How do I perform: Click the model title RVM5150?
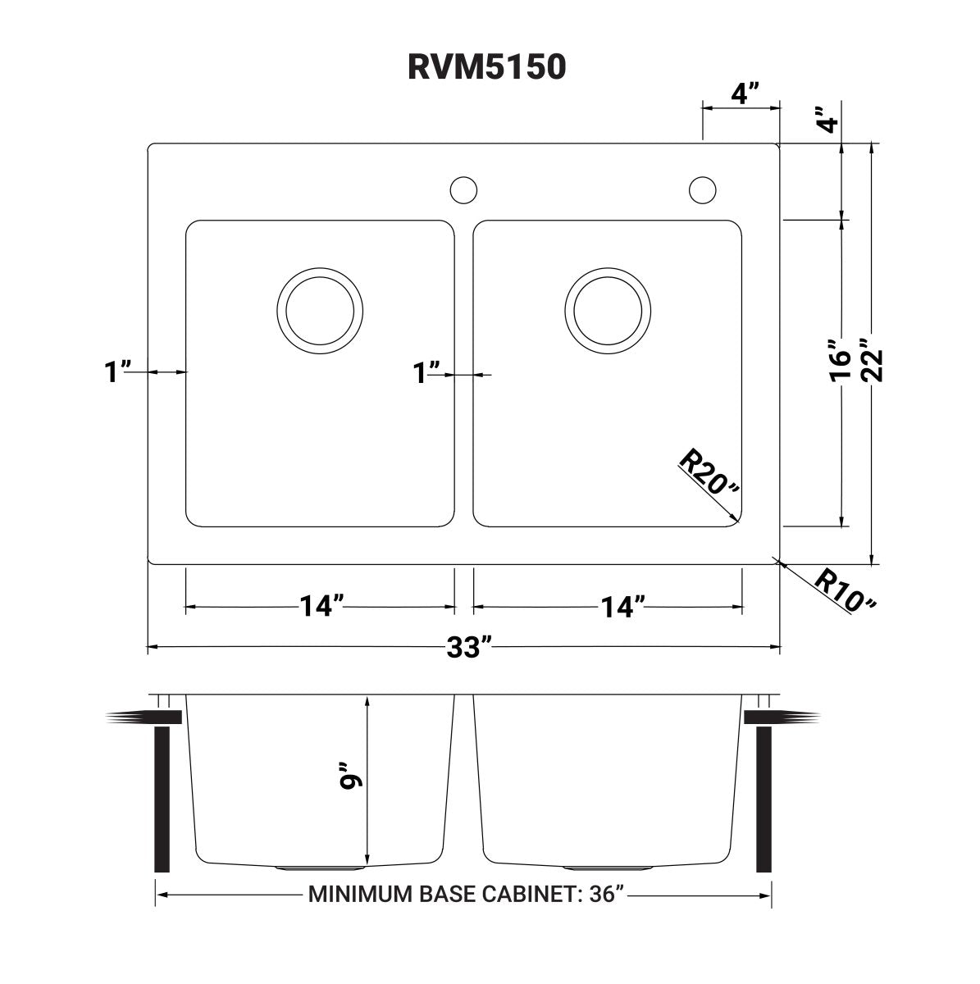487,67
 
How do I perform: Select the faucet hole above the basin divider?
463,189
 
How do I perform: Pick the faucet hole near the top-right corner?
702,189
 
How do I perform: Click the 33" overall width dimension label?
469,648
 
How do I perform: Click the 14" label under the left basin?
321,607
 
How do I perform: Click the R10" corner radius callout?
845,590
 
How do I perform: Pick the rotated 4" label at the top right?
830,121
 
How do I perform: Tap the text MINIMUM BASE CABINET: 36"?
467,894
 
